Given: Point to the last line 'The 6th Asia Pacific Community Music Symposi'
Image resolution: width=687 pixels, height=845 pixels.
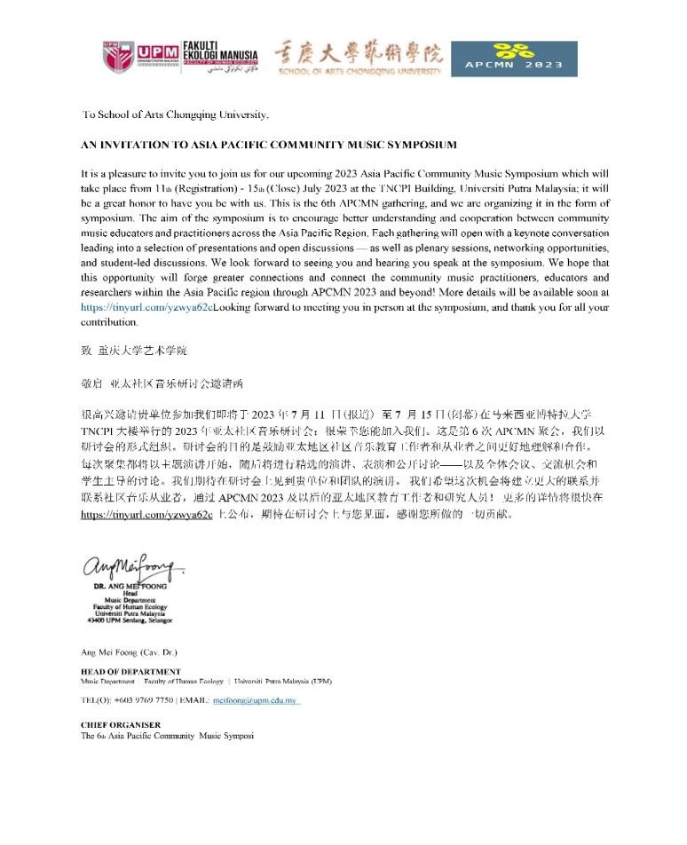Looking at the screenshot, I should [167, 736].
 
